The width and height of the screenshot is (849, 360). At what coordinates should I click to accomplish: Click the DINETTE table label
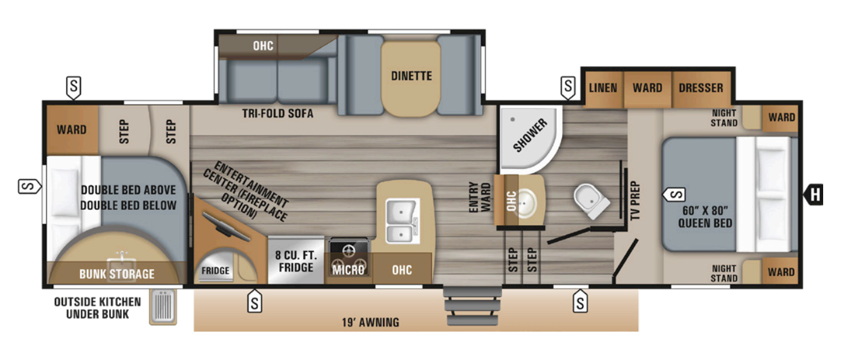click(x=411, y=76)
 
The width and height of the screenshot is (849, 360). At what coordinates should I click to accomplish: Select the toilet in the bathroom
click(x=591, y=201)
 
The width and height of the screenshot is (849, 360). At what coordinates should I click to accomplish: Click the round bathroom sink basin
click(x=524, y=203)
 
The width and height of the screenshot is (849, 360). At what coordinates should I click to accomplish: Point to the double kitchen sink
click(x=402, y=220)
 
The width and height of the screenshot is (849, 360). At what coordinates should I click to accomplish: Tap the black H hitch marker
click(x=814, y=194)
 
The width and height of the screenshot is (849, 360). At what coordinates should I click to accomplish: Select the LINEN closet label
click(x=602, y=88)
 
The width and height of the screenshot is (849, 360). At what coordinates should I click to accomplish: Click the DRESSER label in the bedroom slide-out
click(x=701, y=88)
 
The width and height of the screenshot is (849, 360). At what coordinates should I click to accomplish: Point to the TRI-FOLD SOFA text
click(x=278, y=113)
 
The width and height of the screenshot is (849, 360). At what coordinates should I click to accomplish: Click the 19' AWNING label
click(x=370, y=322)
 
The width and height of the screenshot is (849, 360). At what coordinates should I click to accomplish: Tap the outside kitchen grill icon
click(x=163, y=307)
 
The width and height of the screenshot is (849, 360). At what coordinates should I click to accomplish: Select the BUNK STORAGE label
click(x=117, y=274)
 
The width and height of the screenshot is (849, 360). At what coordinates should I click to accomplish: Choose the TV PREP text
click(x=635, y=201)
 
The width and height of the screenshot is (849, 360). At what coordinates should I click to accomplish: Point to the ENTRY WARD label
click(x=480, y=197)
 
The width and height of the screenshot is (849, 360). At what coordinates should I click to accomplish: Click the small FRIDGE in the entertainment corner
click(x=215, y=270)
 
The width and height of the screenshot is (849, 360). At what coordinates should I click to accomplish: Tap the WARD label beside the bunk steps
click(x=72, y=130)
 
